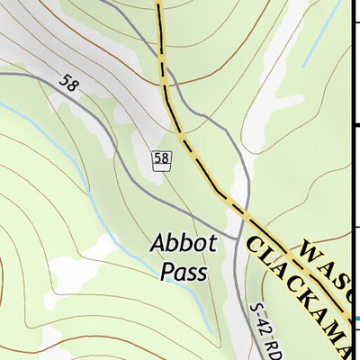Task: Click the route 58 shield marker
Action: (161, 159)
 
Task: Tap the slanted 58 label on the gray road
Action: (68, 83)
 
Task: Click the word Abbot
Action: (184, 243)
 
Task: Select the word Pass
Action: (184, 271)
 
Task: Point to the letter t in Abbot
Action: (212, 243)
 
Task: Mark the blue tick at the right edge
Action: (356, 319)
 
